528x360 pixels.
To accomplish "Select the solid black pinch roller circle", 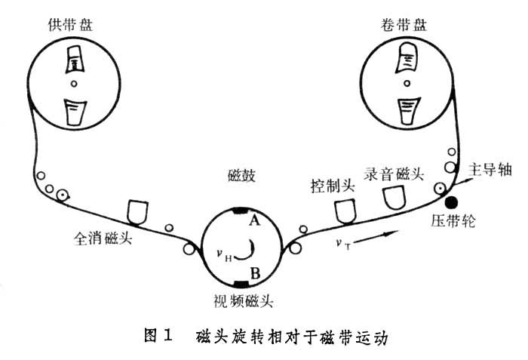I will pos(451,202).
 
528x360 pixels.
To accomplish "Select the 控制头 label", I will pos(331,183).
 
